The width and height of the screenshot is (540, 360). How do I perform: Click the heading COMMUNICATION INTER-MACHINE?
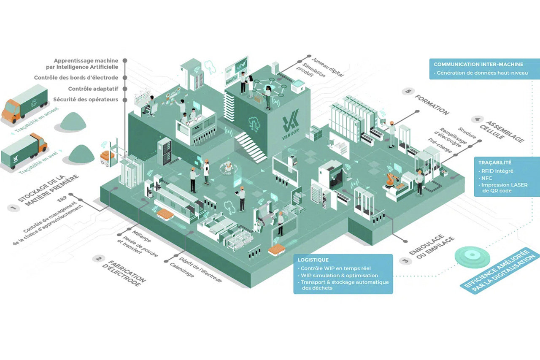pos(478,65)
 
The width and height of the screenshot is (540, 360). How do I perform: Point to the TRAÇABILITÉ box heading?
pos(494,162)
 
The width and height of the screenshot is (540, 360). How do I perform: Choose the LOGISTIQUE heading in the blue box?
pos(313,260)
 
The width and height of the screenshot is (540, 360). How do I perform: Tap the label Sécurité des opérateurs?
pos(86,100)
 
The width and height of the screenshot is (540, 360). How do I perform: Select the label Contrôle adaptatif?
pos(93,89)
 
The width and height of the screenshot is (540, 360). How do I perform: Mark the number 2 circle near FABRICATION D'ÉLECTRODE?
pos(99,259)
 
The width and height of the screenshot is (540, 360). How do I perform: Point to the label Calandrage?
pos(182,271)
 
